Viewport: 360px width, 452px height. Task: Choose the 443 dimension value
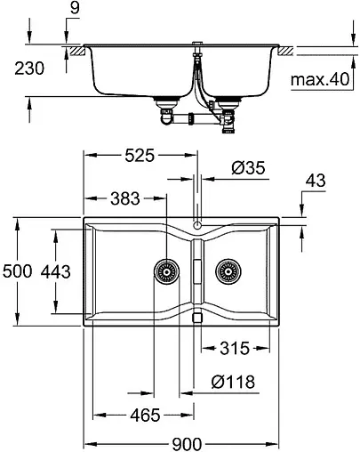(58, 272)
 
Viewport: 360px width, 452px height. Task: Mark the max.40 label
(318, 81)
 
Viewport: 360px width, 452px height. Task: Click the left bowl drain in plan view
(164, 270)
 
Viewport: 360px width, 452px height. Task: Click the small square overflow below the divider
(197, 316)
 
